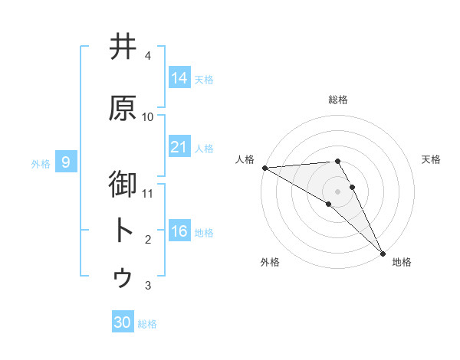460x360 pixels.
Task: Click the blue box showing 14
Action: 179,77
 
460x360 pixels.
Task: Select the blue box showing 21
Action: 179,147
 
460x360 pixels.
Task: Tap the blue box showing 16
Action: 179,231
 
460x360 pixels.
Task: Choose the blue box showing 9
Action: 67,162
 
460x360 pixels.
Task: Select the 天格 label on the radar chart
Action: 432,159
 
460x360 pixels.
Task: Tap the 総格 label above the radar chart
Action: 337,100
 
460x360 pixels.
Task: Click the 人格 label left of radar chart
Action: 245,159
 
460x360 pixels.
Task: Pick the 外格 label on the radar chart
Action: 270,262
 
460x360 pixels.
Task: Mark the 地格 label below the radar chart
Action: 402,262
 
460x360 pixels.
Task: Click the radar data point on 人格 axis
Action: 264,167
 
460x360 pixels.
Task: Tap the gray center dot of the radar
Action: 337,191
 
